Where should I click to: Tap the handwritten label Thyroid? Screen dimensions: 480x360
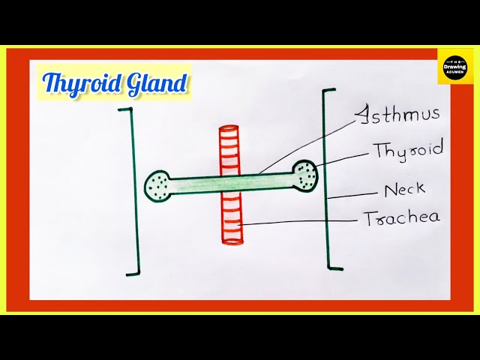[x=408, y=150]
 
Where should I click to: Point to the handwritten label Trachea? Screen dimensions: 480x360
[x=401, y=218]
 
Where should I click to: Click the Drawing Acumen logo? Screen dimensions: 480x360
[x=455, y=67]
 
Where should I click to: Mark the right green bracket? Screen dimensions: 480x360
[x=327, y=180]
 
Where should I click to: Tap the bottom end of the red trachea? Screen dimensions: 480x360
[x=232, y=241]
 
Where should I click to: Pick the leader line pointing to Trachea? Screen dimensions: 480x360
[x=300, y=221]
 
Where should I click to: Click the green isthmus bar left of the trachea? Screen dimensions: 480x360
[x=195, y=182]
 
